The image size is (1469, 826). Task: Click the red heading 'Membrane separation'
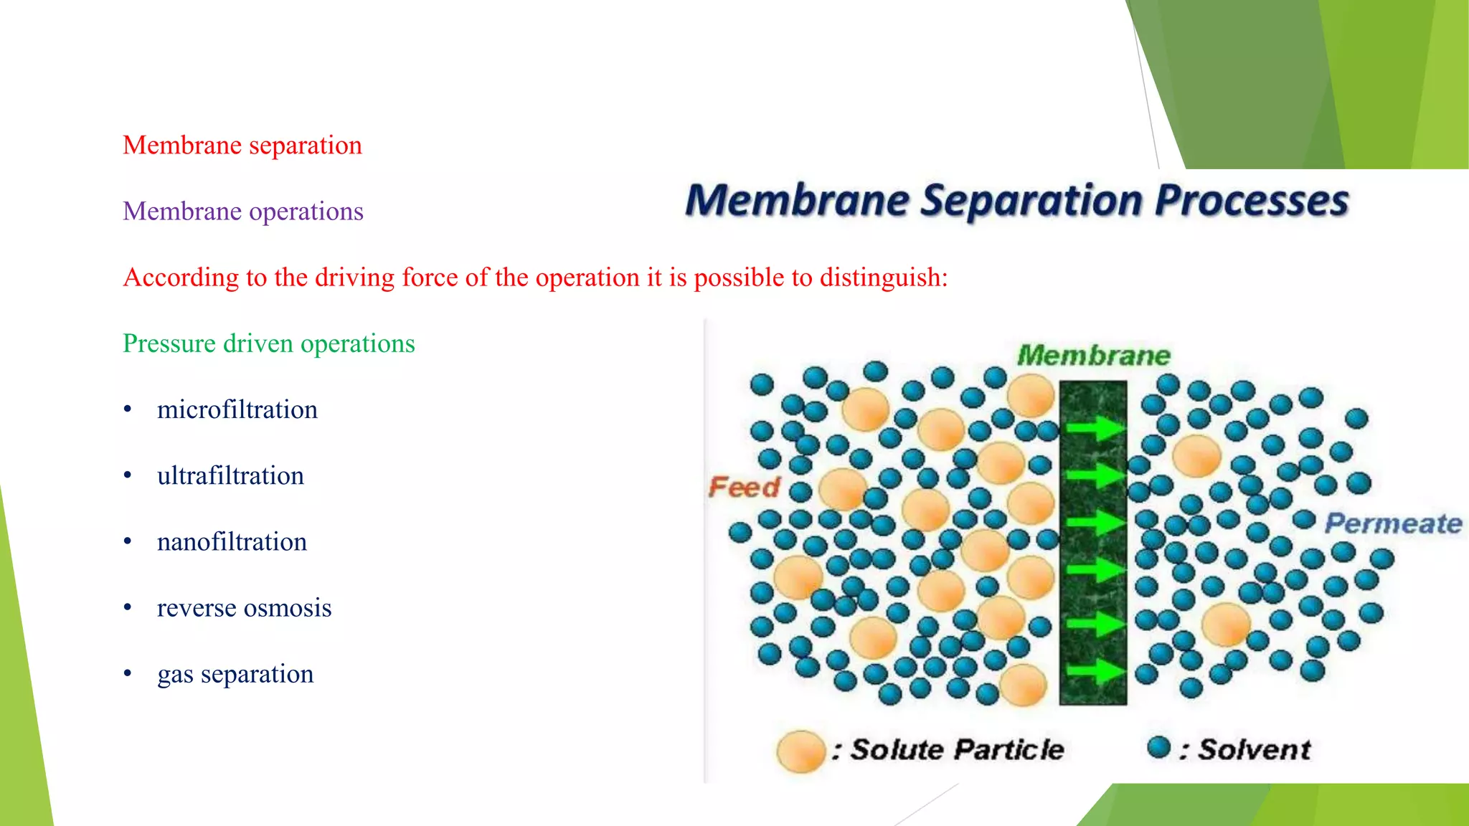[x=242, y=146]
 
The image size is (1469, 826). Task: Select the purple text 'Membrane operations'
[x=243, y=212]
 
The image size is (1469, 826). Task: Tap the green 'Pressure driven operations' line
[x=269, y=343]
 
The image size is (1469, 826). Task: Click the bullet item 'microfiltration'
[x=237, y=410]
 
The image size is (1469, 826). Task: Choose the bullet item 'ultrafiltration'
[x=230, y=476]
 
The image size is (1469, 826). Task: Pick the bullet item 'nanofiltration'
[x=232, y=542]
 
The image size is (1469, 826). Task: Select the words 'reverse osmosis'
[x=244, y=608]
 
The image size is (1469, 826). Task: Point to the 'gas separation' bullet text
[x=235, y=674]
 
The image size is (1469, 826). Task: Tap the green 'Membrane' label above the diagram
[x=1093, y=356]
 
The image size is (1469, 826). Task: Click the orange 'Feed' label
[x=744, y=488]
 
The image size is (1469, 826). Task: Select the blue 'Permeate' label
[x=1392, y=523]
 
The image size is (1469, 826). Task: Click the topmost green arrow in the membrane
[x=1094, y=429]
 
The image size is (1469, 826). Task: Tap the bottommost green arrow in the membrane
[x=1094, y=671]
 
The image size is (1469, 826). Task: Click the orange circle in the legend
[x=800, y=751]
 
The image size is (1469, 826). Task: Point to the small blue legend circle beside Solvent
[x=1158, y=747]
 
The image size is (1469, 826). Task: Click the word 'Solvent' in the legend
[x=1254, y=750]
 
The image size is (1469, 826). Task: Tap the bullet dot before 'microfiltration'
[x=128, y=409]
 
